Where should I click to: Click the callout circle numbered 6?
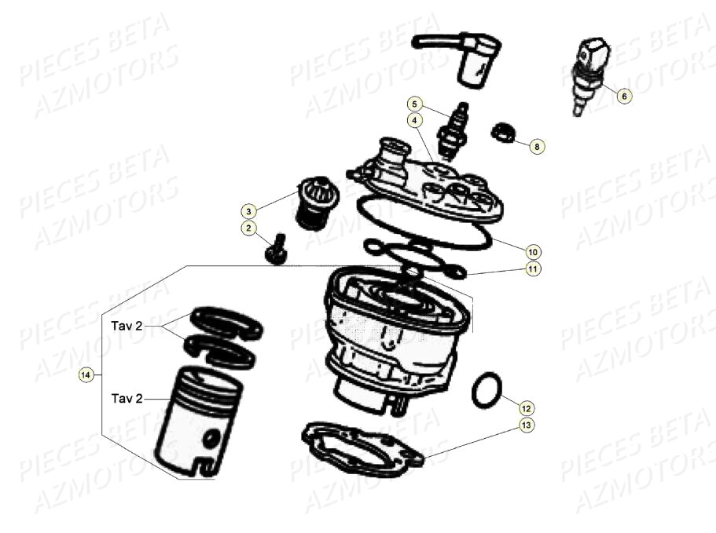click(x=624, y=96)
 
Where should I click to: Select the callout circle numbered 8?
click(x=537, y=146)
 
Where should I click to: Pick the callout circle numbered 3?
click(x=248, y=211)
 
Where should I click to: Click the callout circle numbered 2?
click(x=248, y=228)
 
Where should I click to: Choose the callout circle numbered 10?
click(x=533, y=252)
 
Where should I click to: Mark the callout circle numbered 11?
click(x=533, y=269)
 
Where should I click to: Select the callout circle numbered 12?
click(x=527, y=408)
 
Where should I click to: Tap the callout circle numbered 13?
click(x=527, y=425)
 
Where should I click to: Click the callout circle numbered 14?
click(x=86, y=375)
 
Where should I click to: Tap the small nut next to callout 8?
click(x=503, y=133)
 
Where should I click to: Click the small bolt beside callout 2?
click(x=276, y=252)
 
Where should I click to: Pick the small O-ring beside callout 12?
click(x=487, y=390)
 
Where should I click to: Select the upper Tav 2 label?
click(x=127, y=326)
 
